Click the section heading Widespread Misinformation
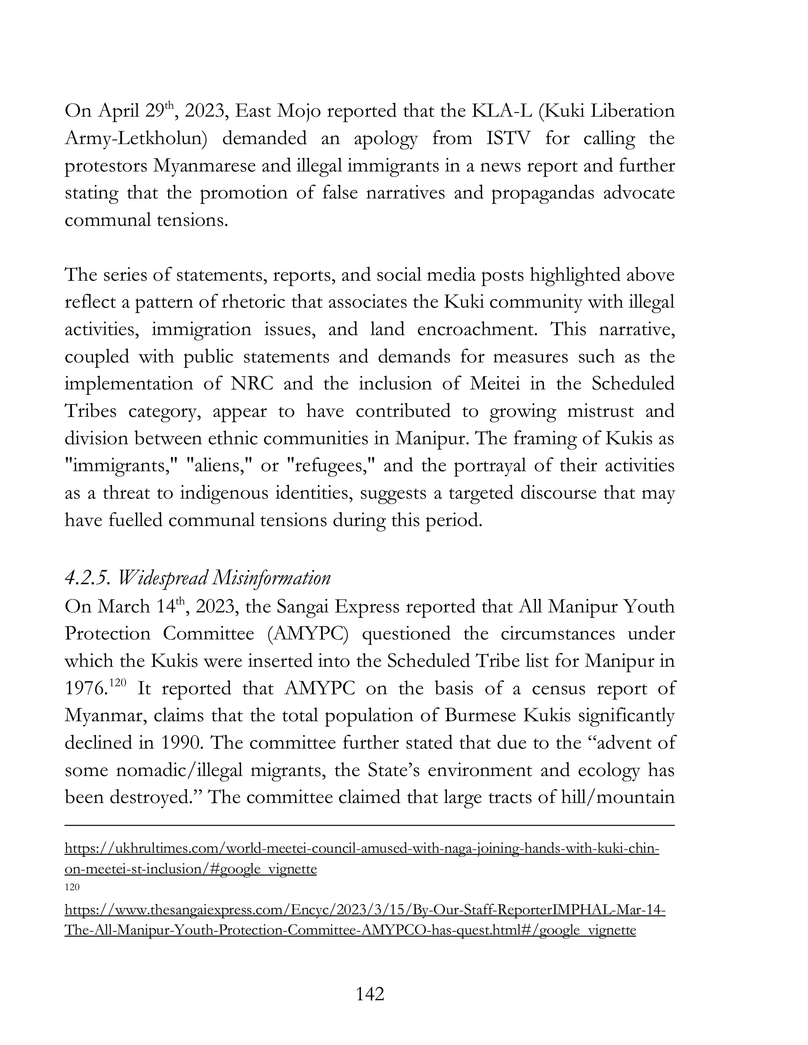pyautogui.click(x=198, y=578)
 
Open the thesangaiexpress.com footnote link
pyautogui.click(x=365, y=910)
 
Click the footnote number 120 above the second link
pyautogui.click(x=72, y=887)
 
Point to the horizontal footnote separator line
pyautogui.click(x=370, y=825)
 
